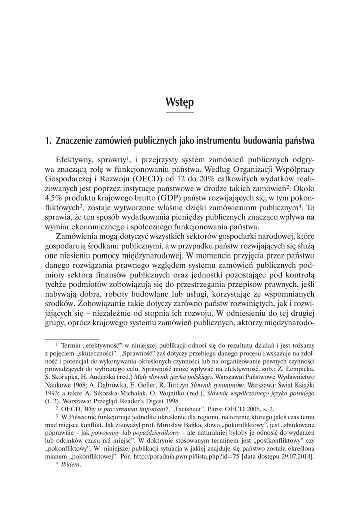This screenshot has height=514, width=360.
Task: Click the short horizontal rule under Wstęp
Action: click(x=180, y=113)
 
